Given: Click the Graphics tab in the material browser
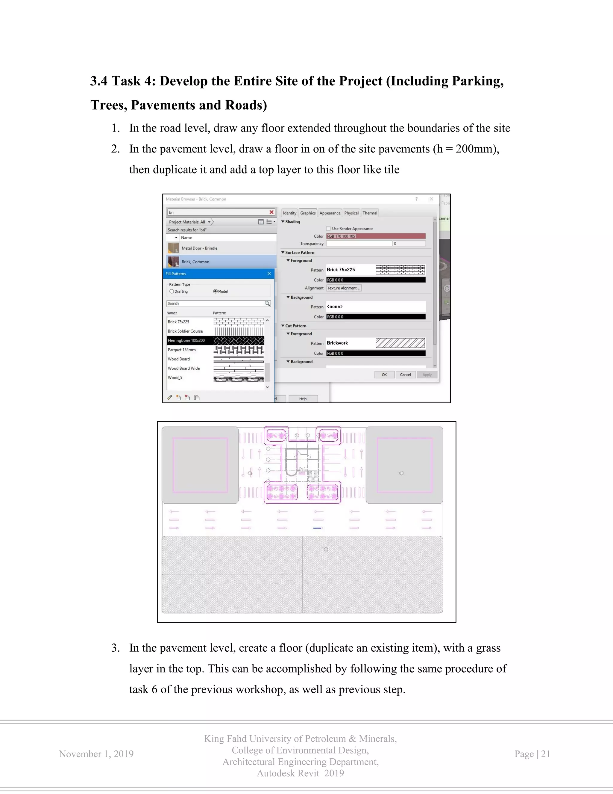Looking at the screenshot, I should (308, 213).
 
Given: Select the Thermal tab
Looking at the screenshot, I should (370, 213).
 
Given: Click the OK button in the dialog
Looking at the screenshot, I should (384, 375).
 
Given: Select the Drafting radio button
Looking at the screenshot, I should (172, 291).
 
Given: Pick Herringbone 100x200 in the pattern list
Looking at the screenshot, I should (186, 341).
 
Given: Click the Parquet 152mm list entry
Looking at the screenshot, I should (182, 350).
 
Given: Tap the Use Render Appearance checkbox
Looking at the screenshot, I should (328, 229).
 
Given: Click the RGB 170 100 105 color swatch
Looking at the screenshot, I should (376, 236).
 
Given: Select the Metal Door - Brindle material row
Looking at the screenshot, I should (199, 248).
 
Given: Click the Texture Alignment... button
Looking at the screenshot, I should (344, 288).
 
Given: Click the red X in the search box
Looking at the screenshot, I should (271, 212).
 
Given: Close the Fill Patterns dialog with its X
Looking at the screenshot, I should (269, 274).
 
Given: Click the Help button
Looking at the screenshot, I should (303, 399).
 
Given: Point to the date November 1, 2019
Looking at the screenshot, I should (96, 754).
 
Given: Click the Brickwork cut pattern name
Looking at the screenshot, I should (337, 343).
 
